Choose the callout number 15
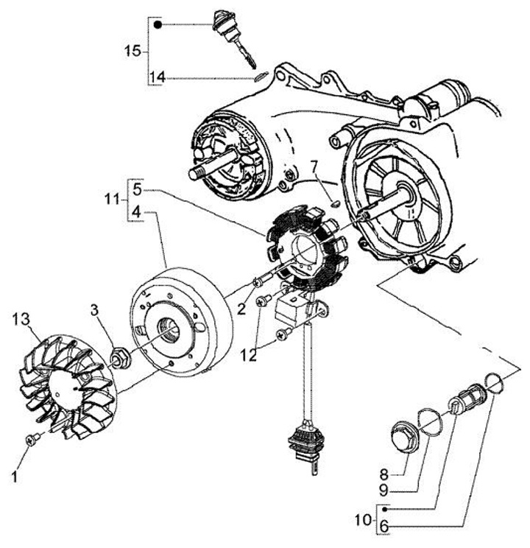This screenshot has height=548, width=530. (x=132, y=51)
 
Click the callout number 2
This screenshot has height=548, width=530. (x=241, y=309)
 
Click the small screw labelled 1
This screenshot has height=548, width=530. (x=31, y=440)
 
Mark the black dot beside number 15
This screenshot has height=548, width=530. (x=158, y=24)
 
